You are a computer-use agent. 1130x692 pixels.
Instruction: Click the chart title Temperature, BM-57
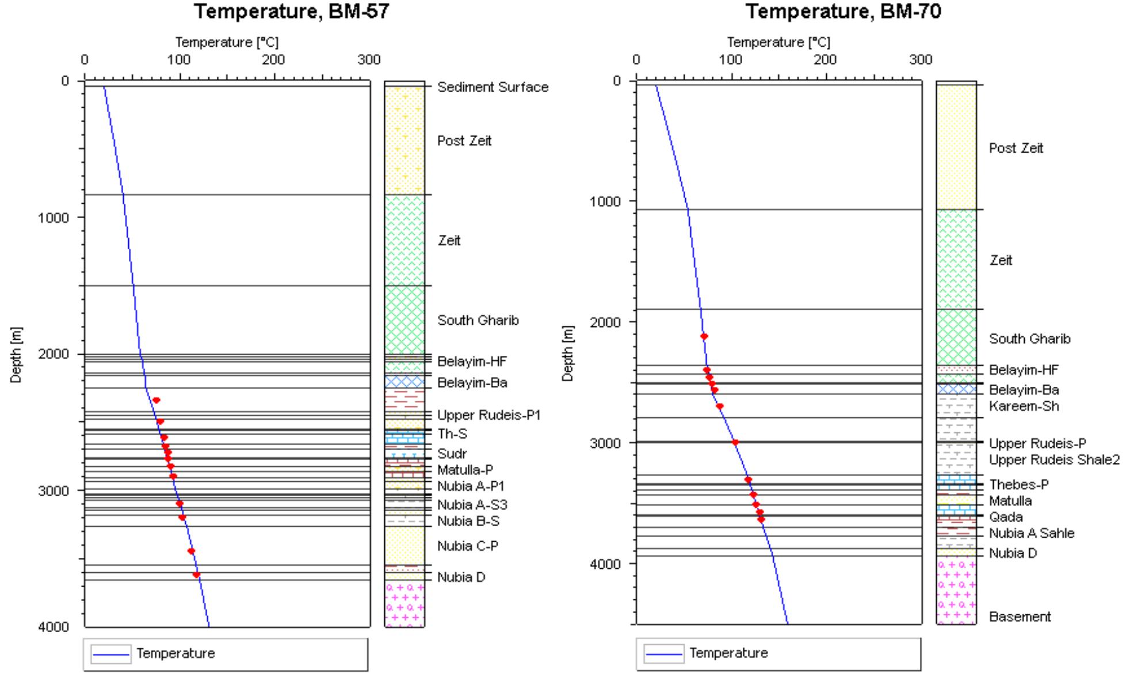coord(291,11)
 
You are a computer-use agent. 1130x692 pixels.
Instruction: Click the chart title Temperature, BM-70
coord(843,11)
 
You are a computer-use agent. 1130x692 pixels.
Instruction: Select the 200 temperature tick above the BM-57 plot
coord(273,60)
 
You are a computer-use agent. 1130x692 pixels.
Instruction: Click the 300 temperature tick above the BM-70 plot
coord(920,60)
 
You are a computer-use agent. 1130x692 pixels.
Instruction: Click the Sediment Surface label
coord(493,87)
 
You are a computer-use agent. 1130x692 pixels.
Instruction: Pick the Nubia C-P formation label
coord(467,546)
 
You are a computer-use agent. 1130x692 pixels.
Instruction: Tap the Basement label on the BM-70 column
coord(1020,617)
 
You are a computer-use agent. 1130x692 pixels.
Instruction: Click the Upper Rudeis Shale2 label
coord(1054,459)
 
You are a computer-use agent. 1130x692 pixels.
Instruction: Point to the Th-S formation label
coord(452,434)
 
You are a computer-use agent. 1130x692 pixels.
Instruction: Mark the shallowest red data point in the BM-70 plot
coord(704,336)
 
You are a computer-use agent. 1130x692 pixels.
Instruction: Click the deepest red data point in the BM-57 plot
coord(196,575)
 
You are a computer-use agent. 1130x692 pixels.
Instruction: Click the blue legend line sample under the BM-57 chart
coord(111,654)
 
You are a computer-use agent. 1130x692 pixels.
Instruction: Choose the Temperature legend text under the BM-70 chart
coord(728,653)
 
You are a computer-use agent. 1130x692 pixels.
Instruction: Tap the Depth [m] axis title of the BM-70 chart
coord(568,353)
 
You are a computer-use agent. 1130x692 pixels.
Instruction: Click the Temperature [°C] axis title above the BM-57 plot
coord(227,43)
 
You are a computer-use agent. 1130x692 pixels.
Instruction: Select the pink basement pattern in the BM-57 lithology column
coord(404,603)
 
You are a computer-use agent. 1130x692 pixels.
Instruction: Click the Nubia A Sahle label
coord(1032,533)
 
